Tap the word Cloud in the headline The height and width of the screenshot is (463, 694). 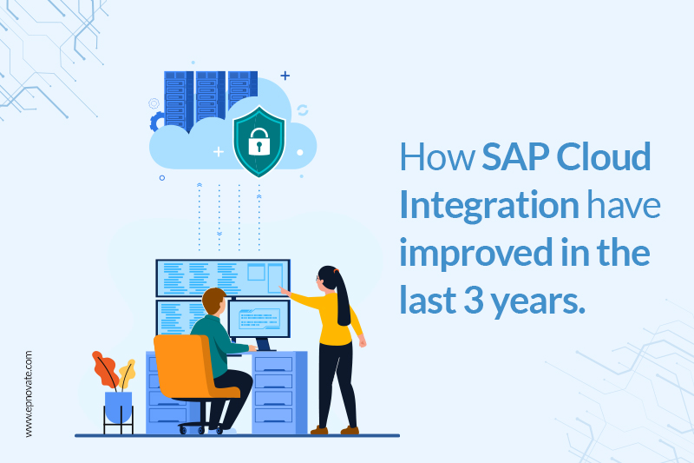pos(603,156)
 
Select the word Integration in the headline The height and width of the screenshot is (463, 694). pos(489,206)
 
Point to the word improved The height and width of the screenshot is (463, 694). pos(476,253)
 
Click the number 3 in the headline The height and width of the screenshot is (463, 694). pos(474,300)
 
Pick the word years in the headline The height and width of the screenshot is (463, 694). pos(538,302)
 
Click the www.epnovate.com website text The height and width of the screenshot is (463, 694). pos(29,394)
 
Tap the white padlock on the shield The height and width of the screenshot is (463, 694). pos(259,142)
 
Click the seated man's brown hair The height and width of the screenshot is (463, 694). pos(214,300)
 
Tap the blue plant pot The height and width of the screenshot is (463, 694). pos(118,407)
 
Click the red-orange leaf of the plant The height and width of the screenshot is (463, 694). pos(104,370)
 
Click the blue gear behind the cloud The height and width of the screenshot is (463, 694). pos(155,122)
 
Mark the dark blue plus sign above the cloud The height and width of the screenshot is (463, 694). pos(285,76)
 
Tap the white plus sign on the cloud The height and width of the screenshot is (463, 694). pos(219,152)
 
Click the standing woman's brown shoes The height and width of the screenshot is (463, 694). pos(335,430)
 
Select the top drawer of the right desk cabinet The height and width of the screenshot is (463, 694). pos(273,365)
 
